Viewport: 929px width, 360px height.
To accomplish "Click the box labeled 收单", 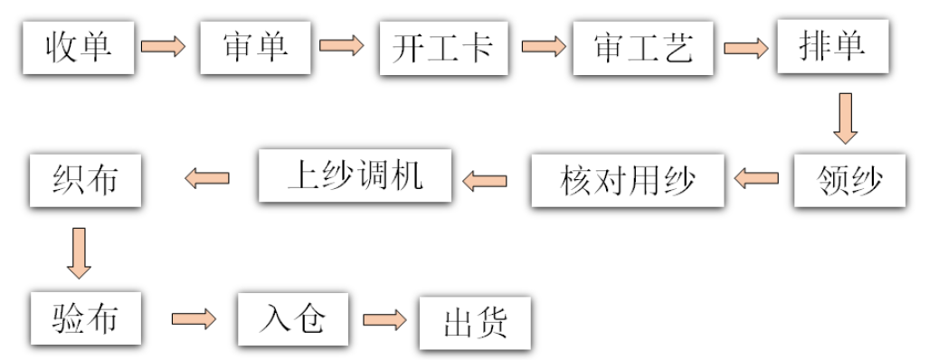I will [80, 47].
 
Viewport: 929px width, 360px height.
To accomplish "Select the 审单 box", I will [255, 47].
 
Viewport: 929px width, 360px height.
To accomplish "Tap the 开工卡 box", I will [444, 47].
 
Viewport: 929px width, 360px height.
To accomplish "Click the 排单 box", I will [831, 47].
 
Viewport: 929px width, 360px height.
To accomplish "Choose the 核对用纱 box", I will [628, 181].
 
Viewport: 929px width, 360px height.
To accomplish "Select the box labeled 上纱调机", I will [355, 175].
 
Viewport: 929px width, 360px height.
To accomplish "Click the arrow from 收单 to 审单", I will [164, 46].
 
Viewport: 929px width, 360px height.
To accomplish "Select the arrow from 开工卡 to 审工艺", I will [543, 46].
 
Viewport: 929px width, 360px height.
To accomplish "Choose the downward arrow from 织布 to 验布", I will [80, 252].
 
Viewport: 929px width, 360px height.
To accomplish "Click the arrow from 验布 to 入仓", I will [194, 319].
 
